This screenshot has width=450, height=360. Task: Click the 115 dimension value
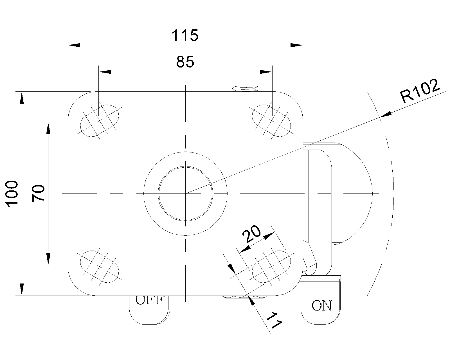tap(185, 35)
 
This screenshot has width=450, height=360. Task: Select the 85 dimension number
tap(185, 62)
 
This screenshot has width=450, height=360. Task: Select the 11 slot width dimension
tap(274, 320)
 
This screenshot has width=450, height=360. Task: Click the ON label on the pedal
tap(321, 305)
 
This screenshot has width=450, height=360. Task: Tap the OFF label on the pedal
tap(149, 300)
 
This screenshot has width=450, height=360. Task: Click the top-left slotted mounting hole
tap(100, 121)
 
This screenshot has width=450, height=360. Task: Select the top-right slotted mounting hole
tap(271, 121)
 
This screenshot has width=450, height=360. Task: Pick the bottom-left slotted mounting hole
tap(100, 267)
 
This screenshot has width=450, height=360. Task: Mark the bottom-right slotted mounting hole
tap(271, 267)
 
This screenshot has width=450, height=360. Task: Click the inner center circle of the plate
tap(185, 193)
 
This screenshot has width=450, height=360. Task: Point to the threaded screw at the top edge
tap(245, 88)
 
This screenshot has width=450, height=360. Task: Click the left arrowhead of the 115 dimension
tap(74, 45)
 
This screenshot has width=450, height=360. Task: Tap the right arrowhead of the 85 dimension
tap(266, 72)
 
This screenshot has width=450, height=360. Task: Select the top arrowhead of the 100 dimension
tap(22, 98)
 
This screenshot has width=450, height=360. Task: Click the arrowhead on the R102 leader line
tap(386, 114)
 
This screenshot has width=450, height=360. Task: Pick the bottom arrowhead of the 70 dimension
tap(48, 259)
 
